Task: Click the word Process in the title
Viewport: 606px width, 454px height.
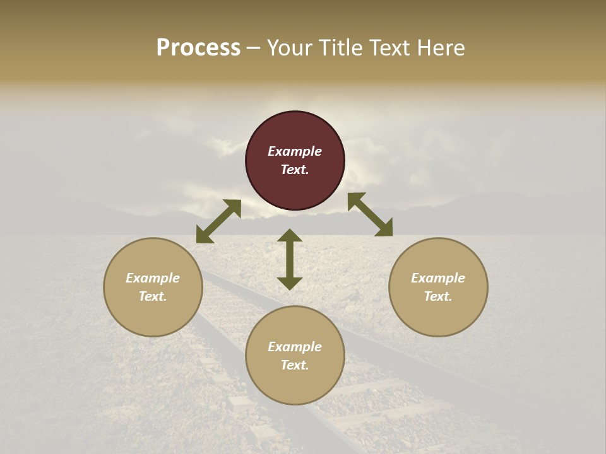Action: pyautogui.click(x=198, y=48)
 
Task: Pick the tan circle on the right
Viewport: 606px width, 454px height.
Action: pyautogui.click(x=438, y=315)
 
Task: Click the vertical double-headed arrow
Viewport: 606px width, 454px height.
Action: pyautogui.click(x=290, y=260)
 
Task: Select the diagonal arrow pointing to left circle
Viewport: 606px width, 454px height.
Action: pyautogui.click(x=218, y=221)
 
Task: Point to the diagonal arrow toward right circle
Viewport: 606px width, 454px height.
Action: pyautogui.click(x=370, y=215)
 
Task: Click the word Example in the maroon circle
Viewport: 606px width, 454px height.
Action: pyautogui.click(x=295, y=151)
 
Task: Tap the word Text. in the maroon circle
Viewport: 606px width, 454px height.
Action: pyautogui.click(x=295, y=170)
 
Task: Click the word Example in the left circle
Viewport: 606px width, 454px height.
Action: pyautogui.click(x=153, y=278)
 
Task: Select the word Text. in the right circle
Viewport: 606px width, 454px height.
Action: pyautogui.click(x=438, y=296)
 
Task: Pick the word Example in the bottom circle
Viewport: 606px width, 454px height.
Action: pyautogui.click(x=295, y=347)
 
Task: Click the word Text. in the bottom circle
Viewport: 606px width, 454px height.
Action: pyautogui.click(x=295, y=365)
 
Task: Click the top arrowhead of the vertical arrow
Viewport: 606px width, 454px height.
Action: pyautogui.click(x=290, y=235)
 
